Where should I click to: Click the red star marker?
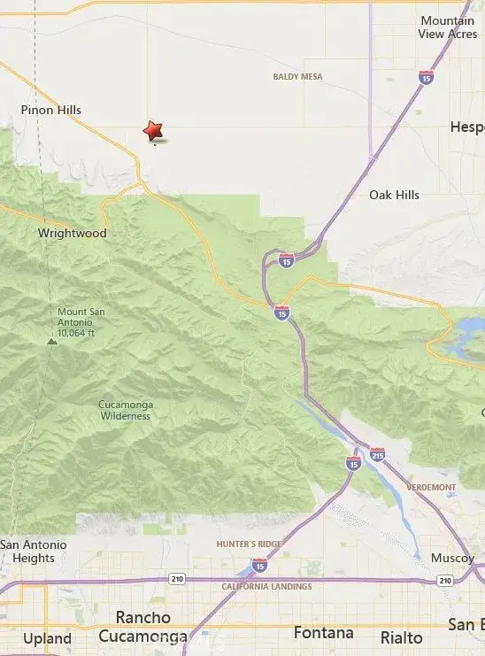pyautogui.click(x=154, y=131)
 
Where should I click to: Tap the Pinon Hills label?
pyautogui.click(x=51, y=110)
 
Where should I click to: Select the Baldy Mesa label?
pyautogui.click(x=296, y=77)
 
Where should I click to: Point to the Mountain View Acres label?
pyautogui.click(x=448, y=27)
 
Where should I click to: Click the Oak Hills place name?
pyautogui.click(x=394, y=195)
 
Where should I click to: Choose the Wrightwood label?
pyautogui.click(x=72, y=234)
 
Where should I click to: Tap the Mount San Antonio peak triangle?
pyautogui.click(x=52, y=339)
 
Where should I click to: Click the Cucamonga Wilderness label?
pyautogui.click(x=126, y=410)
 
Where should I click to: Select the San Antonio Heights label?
pyautogui.click(x=27, y=552)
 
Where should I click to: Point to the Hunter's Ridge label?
pyautogui.click(x=247, y=544)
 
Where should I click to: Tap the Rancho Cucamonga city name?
pyautogui.click(x=142, y=627)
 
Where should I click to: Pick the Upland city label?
pyautogui.click(x=47, y=638)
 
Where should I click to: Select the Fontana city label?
pyautogui.click(x=323, y=633)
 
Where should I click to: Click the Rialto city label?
pyautogui.click(x=401, y=637)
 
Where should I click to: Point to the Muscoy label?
pyautogui.click(x=452, y=559)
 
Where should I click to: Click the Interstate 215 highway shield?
pyautogui.click(x=377, y=454)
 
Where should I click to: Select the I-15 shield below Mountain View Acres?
pyautogui.click(x=427, y=77)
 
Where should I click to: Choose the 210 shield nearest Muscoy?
pyautogui.click(x=443, y=580)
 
